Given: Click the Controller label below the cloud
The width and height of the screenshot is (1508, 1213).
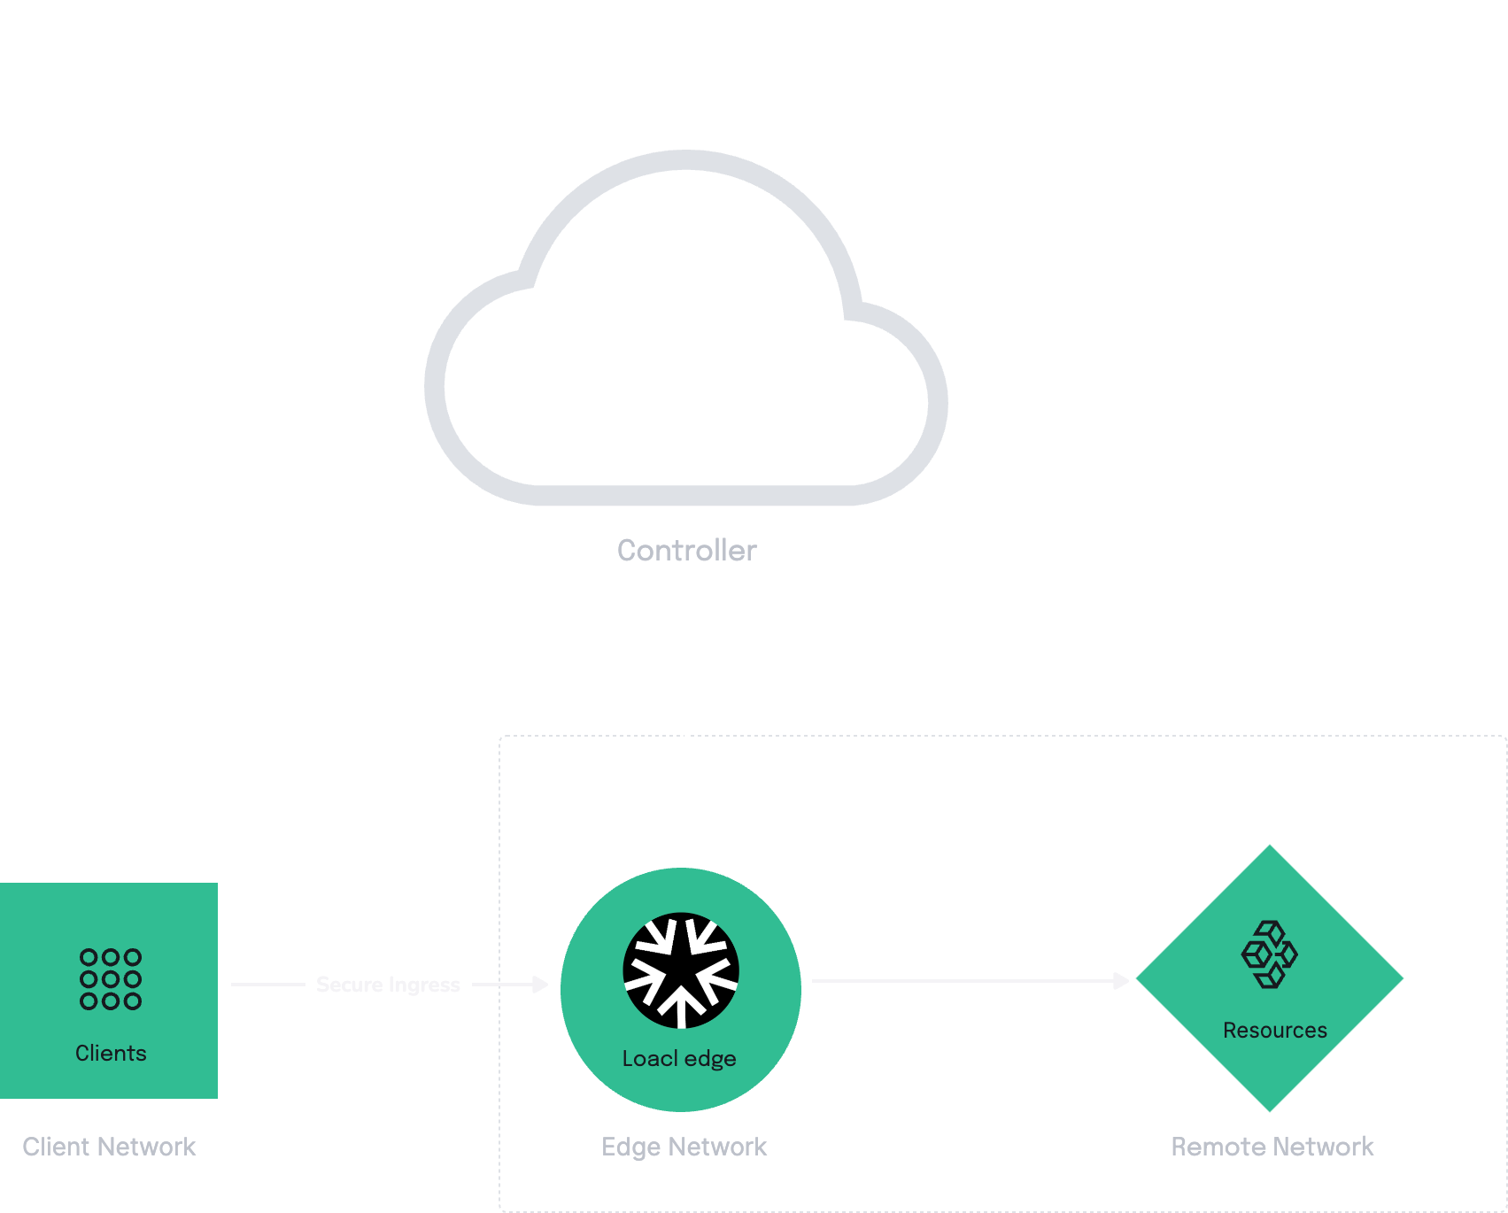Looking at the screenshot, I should [687, 551].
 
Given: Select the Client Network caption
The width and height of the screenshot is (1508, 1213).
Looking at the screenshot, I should [109, 1147].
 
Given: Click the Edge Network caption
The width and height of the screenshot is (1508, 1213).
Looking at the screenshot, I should [684, 1147].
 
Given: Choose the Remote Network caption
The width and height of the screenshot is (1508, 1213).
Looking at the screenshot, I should [1272, 1147].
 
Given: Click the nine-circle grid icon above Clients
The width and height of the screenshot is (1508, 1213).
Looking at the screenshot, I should [111, 979].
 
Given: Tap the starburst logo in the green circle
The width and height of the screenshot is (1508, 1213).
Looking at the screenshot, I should [681, 970].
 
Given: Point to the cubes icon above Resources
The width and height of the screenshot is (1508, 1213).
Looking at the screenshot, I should [1270, 954].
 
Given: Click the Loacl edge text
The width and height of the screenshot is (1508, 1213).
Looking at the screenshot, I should [679, 1059].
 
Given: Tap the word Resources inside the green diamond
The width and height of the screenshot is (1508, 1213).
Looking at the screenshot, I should [1275, 1031].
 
